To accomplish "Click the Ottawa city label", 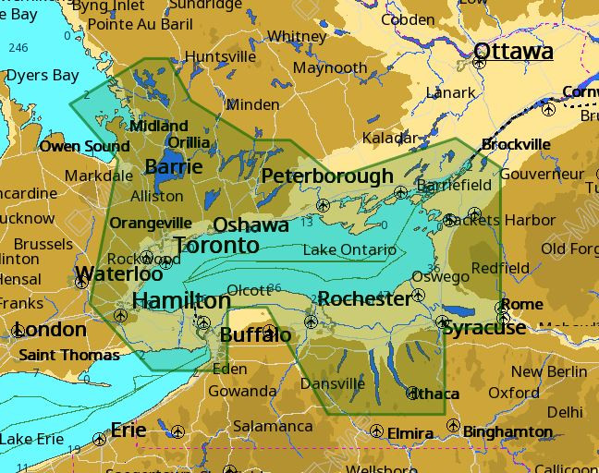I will coord(513,50).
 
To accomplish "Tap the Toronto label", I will coord(216,245).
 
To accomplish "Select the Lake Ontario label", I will coord(349,249).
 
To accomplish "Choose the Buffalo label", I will coord(255,334).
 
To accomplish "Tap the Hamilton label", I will coord(181,300).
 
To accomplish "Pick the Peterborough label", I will coord(327,176).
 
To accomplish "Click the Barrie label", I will coord(173,166).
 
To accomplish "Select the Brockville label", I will coord(516,144).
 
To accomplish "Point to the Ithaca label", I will coord(434,394).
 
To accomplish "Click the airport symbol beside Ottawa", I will coord(479,64).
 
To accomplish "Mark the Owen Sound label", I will coord(84,146).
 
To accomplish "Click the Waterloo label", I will coord(118,273).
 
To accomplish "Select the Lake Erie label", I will coord(31,438).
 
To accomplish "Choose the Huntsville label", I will coord(220,56).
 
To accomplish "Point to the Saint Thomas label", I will coord(69,355).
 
